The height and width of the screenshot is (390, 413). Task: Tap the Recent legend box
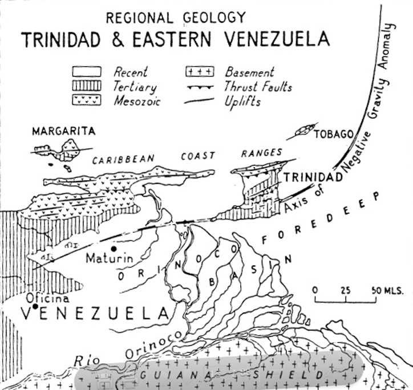coord(86,72)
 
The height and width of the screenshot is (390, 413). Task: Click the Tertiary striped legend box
coord(86,86)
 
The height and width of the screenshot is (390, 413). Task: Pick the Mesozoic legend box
coord(86,100)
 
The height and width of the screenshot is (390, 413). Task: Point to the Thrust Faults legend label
coord(258,87)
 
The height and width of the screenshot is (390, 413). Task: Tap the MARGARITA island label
coord(63,131)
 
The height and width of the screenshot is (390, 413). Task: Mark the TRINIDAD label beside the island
coord(314,177)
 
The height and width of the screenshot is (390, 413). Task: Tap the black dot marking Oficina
coord(35,307)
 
